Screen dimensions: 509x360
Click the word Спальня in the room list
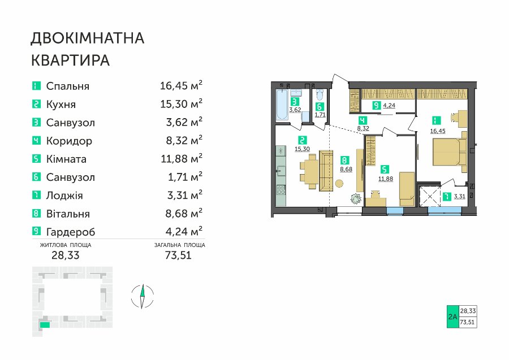point(67,86)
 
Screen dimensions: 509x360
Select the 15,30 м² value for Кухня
point(181,104)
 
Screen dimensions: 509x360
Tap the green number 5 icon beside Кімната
point(36,159)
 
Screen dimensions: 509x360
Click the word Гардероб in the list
point(71,232)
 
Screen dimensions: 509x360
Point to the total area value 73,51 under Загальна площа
point(178,255)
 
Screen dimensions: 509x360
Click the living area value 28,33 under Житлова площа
point(65,255)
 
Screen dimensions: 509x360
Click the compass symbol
point(142,296)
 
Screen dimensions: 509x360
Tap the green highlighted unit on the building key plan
point(45,324)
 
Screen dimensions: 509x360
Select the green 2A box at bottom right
point(452,316)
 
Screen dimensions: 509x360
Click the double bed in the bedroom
point(449,152)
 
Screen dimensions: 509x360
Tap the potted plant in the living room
point(356,198)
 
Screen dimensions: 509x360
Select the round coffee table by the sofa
point(339,184)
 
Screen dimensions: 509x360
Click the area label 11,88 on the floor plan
point(385,179)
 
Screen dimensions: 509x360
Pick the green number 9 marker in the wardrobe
point(376,106)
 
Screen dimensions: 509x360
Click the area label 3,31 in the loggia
point(459,197)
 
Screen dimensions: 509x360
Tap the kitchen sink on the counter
point(281,170)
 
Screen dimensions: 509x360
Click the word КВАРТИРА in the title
point(71,60)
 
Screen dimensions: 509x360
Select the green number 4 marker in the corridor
point(363,121)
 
